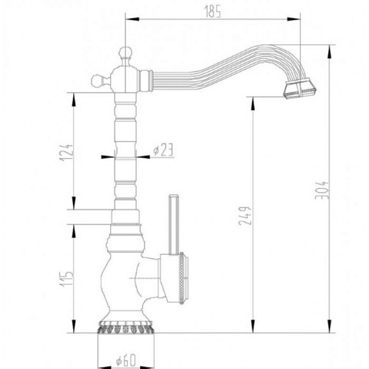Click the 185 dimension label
(213, 12)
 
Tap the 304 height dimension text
(322, 190)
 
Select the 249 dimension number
(245, 216)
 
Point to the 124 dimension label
(66, 153)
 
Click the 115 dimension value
(66, 279)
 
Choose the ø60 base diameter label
(126, 360)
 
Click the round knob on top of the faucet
(125, 53)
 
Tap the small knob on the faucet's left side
(97, 81)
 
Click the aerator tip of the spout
(300, 89)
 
